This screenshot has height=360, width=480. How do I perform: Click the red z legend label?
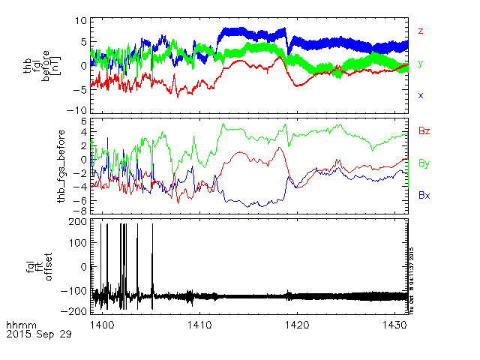coord(421,31)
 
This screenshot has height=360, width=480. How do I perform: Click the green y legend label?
coord(421,64)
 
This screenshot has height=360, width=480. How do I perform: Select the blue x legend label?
coord(421,95)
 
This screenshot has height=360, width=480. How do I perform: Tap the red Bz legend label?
coord(424,131)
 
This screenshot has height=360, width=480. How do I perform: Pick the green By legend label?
coord(424,163)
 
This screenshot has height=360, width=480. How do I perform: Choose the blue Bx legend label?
coord(424,195)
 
